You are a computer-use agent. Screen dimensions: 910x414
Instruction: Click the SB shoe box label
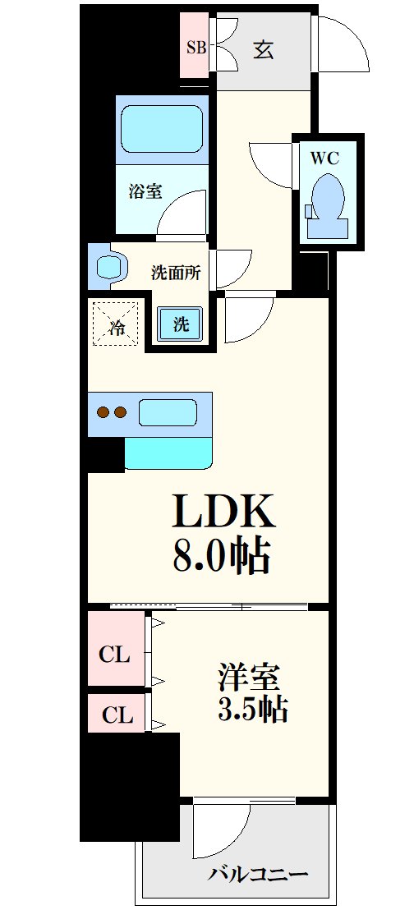[x=195, y=47]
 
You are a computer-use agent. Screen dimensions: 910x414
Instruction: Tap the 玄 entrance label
[x=263, y=49]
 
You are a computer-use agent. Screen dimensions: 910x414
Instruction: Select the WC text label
[x=324, y=159]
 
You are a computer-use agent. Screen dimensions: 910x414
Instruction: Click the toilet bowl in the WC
[x=328, y=201]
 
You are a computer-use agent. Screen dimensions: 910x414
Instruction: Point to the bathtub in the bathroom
[x=162, y=128]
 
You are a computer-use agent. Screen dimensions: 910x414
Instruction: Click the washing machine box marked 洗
[x=181, y=324]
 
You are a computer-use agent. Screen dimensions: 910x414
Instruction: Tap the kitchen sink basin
[x=168, y=411]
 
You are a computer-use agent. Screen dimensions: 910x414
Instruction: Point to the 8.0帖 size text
[x=222, y=556]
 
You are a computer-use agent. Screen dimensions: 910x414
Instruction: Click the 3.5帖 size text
[x=252, y=709]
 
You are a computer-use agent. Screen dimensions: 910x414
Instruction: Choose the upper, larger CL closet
[x=115, y=654]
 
